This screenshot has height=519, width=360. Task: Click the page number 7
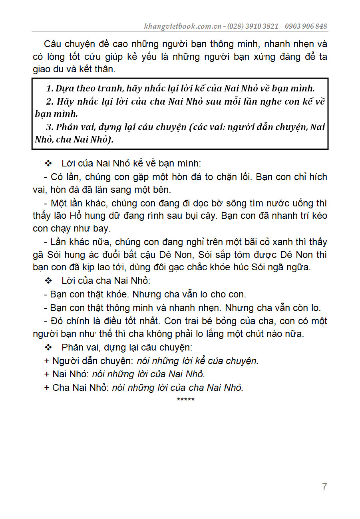(324, 487)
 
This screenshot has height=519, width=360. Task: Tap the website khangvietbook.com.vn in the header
(184, 26)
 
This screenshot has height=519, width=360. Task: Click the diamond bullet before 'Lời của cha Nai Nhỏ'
(49, 281)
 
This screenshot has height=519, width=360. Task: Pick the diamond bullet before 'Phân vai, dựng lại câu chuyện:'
(49, 347)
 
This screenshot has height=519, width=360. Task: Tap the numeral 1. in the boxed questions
(50, 89)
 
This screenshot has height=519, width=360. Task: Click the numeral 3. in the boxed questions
(50, 127)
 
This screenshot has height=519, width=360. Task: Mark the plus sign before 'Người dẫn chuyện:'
(47, 361)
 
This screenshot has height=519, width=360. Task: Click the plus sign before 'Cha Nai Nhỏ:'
(47, 387)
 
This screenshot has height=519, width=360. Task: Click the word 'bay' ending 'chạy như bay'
(101, 229)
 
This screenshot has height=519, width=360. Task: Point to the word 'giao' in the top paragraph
(42, 69)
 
